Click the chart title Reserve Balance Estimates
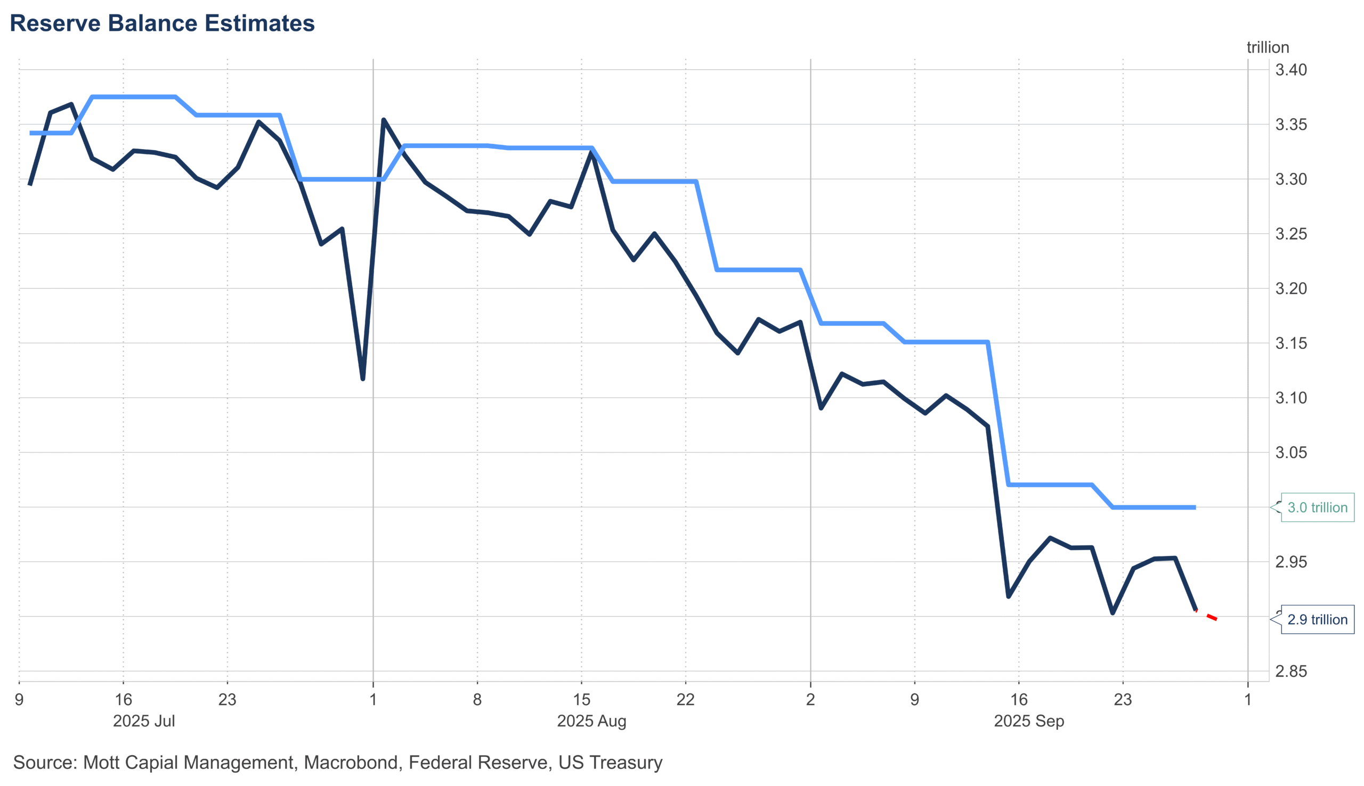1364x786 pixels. coord(162,24)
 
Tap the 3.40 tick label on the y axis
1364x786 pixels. coord(1290,70)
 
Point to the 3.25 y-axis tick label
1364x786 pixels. coord(1290,234)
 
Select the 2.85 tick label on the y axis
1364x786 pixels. coord(1290,672)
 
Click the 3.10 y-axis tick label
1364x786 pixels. coord(1290,398)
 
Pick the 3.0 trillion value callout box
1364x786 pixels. coord(1317,507)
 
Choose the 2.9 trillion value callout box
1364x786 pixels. coord(1317,619)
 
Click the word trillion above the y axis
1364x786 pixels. coord(1268,47)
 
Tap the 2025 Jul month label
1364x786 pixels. coord(144,721)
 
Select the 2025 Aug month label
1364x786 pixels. coord(591,721)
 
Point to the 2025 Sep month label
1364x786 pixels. coord(1029,721)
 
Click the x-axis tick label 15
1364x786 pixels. coord(581,700)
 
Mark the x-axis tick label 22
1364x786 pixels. coord(685,700)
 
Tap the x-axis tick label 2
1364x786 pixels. coord(810,700)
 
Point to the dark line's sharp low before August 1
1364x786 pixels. coord(363,379)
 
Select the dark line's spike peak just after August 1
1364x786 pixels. coord(384,120)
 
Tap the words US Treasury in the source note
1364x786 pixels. coord(610,762)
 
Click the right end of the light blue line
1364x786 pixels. coord(1194,507)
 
